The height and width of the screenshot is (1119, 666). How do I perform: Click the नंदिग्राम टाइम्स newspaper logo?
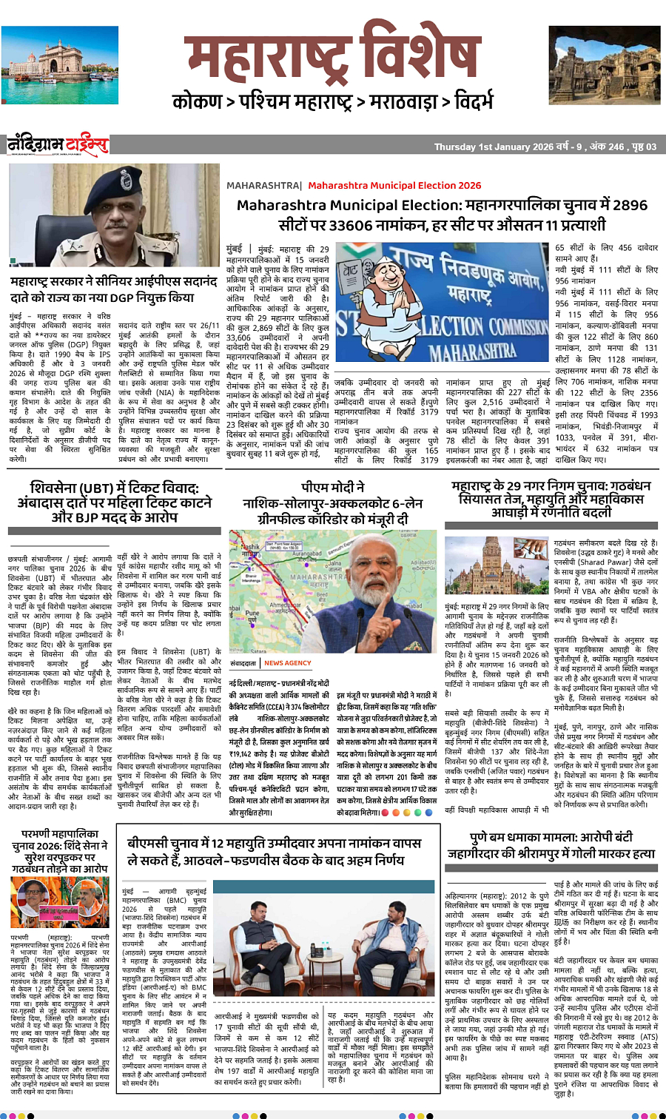pos(58,144)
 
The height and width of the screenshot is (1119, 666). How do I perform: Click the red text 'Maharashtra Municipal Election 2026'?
pos(394,185)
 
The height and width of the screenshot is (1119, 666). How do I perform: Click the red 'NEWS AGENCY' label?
pos(287,663)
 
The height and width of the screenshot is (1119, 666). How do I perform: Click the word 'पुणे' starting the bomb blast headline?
pos(478,838)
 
